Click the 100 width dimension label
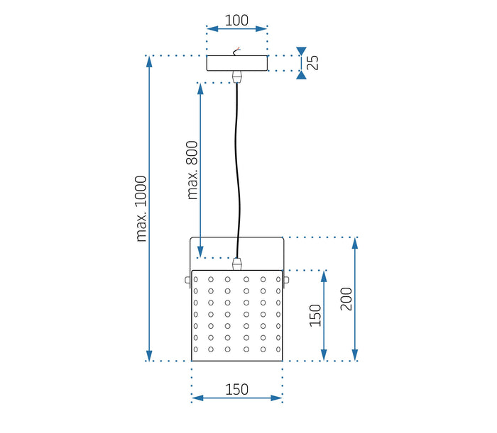coord(237,21)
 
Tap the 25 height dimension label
coord(312,62)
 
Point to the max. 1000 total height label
coord(141,208)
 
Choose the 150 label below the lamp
coord(237,388)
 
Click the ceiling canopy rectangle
coord(237,63)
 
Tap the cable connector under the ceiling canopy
coord(238,76)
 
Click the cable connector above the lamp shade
coord(237,264)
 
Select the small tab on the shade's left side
coord(188,279)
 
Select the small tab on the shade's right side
coord(286,279)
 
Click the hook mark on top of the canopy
coord(239,50)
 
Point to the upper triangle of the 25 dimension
coord(302,51)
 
